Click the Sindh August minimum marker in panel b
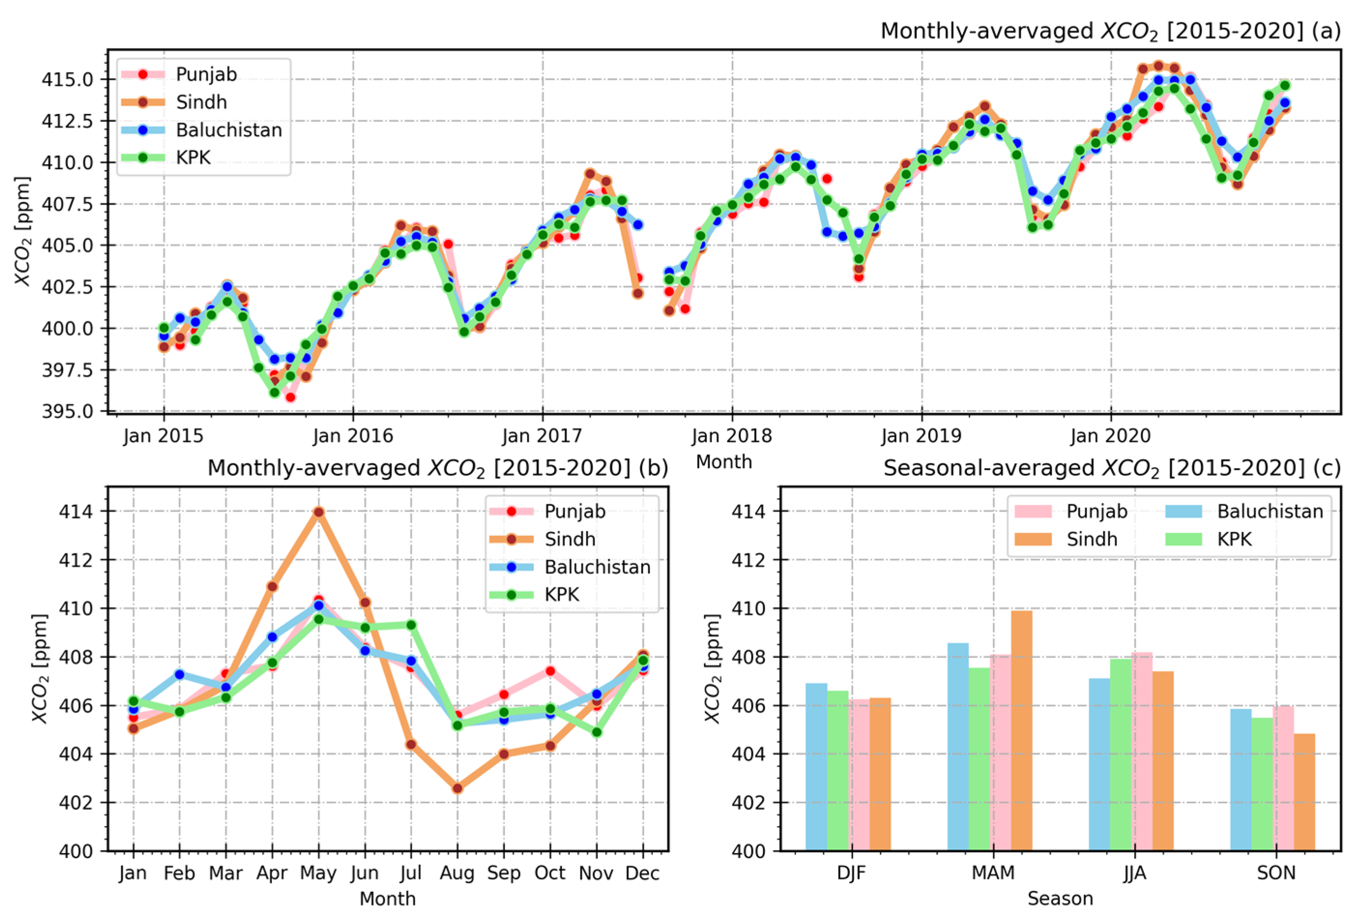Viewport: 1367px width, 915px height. pyautogui.click(x=457, y=788)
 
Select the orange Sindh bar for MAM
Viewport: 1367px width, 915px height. pyautogui.click(x=1022, y=729)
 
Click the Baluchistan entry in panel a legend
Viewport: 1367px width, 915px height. pyautogui.click(x=229, y=129)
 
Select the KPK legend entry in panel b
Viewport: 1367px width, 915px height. pyautogui.click(x=561, y=595)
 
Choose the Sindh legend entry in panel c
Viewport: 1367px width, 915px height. pyautogui.click(x=1092, y=539)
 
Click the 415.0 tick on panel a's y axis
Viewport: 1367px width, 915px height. pyautogui.click(x=67, y=79)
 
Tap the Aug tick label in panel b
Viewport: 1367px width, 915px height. pyautogui.click(x=457, y=873)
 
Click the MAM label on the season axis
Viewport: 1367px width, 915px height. pyautogui.click(x=993, y=873)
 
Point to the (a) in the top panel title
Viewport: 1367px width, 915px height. pyautogui.click(x=1326, y=30)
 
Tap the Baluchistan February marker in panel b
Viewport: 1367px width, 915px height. pyautogui.click(x=179, y=674)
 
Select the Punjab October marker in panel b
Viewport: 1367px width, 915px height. pyautogui.click(x=550, y=671)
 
